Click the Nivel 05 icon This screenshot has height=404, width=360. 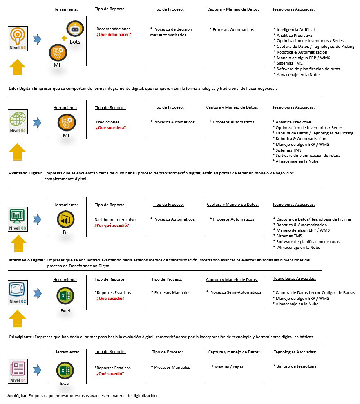(x=18, y=38)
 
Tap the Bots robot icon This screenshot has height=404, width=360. (x=75, y=29)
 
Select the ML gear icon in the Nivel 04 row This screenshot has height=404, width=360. (x=66, y=122)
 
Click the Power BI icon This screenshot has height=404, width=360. (x=65, y=220)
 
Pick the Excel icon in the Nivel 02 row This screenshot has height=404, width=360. (x=65, y=296)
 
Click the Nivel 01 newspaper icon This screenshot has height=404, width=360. (x=18, y=370)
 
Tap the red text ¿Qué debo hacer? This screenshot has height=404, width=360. (x=114, y=35)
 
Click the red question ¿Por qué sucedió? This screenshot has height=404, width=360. (x=112, y=225)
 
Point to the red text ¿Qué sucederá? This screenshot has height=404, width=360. (x=111, y=128)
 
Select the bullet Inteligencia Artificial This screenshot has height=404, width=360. (x=295, y=30)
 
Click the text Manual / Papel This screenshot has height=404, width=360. (x=229, y=367)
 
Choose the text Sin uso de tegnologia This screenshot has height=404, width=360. (x=296, y=366)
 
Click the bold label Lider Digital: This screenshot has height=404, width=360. (x=20, y=88)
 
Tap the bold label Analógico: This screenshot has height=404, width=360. (x=18, y=396)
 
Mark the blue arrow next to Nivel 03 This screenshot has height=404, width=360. (x=37, y=219)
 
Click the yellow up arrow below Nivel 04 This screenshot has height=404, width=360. (x=17, y=152)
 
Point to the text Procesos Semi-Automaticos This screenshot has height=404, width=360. (x=235, y=292)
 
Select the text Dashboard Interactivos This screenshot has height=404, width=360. (x=116, y=220)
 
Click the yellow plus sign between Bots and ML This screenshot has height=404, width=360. (x=64, y=38)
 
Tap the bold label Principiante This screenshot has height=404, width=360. (x=21, y=337)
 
